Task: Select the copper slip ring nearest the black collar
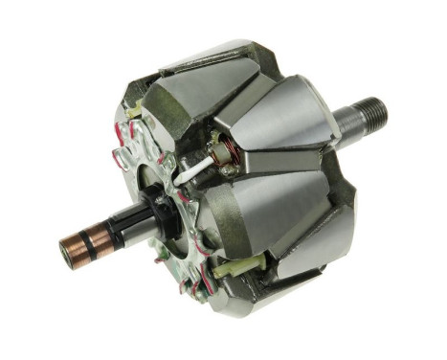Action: click(x=93, y=240)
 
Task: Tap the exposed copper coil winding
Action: click(x=226, y=153)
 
